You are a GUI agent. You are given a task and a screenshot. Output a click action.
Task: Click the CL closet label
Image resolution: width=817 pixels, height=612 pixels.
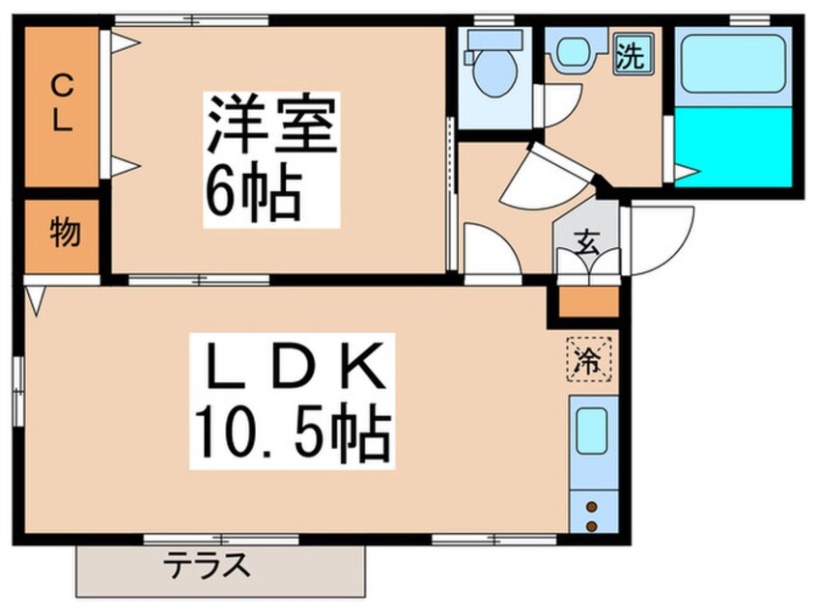(60, 105)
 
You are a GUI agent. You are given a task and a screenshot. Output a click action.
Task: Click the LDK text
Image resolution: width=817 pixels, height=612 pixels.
(290, 366)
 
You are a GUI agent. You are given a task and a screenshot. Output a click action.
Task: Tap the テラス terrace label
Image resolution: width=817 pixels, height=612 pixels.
(207, 564)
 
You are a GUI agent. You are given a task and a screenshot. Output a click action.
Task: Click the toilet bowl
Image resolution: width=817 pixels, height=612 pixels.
(494, 69)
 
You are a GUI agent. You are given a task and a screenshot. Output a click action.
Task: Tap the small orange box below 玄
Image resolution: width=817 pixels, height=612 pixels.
(587, 302)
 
